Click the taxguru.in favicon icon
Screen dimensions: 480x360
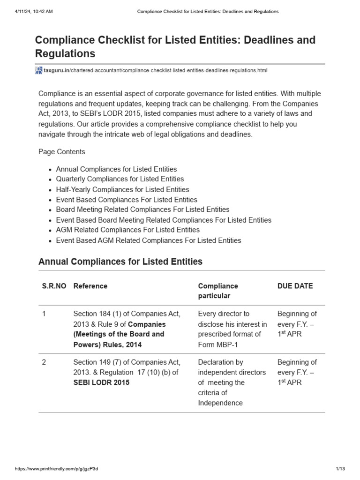[38, 70]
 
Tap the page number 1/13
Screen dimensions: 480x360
[340, 469]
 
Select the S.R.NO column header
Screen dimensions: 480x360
[54, 286]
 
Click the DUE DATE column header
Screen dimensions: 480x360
[295, 286]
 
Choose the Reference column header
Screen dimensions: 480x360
[90, 286]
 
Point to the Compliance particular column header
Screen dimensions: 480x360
[218, 291]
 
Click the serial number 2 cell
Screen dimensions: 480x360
[44, 362]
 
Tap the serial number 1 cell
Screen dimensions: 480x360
[44, 314]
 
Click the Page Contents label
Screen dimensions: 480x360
[61, 152]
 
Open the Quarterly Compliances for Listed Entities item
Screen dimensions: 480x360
[120, 179]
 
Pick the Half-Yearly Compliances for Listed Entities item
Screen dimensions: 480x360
[122, 189]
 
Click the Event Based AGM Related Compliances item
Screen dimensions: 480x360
[148, 240]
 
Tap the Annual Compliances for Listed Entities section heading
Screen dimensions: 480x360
[120, 262]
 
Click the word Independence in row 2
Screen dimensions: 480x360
[220, 403]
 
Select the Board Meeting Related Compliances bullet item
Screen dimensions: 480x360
[142, 210]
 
